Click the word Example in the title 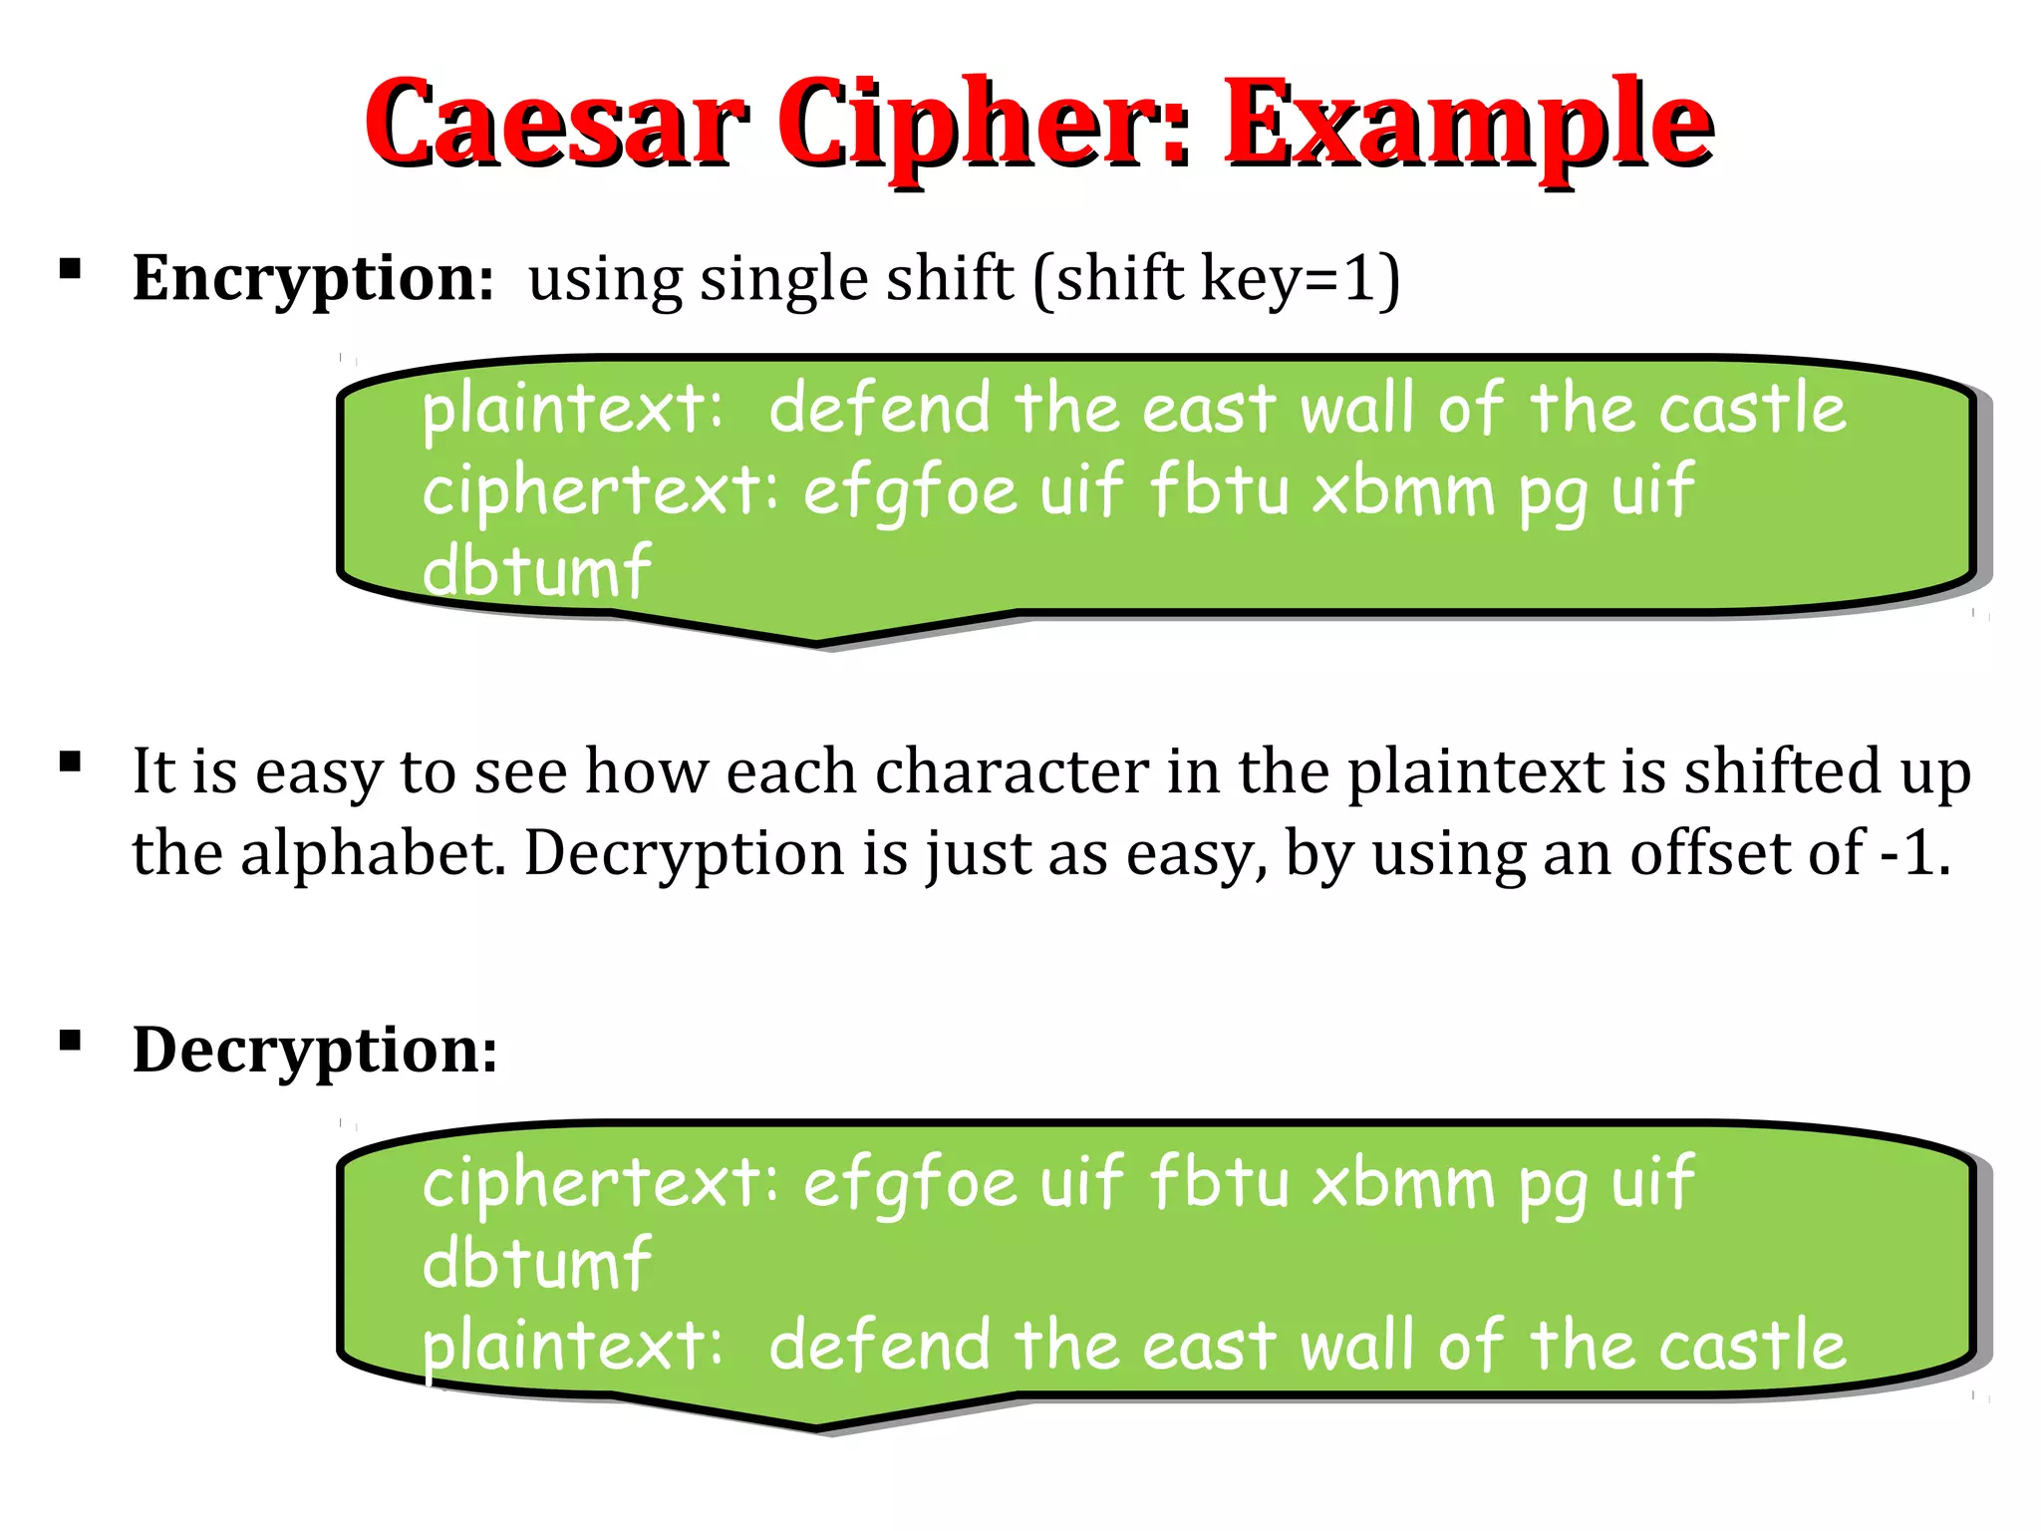(x=1467, y=124)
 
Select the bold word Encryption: (x=313, y=279)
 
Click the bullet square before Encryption (x=70, y=269)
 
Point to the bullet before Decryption (x=70, y=1042)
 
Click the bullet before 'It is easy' (x=70, y=764)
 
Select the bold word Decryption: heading (x=315, y=1051)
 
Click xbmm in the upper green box (x=1403, y=490)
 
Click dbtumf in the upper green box (x=536, y=572)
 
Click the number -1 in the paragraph (x=1911, y=854)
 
